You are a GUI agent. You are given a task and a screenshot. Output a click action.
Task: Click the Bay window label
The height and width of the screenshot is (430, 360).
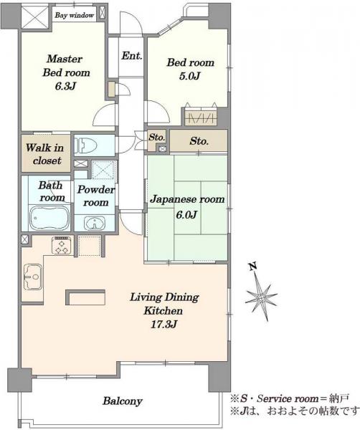74,15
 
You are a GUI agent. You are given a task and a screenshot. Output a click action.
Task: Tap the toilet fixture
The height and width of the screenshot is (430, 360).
86,145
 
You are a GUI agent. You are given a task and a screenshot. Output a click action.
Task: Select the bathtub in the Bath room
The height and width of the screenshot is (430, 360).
49,218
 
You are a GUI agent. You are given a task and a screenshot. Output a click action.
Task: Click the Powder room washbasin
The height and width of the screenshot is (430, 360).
95,223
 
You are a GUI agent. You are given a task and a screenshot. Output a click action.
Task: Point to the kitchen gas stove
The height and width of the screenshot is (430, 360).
62,245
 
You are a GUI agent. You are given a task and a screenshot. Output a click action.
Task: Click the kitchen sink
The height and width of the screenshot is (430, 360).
33,277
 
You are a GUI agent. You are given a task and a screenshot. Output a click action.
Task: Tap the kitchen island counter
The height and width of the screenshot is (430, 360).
85,297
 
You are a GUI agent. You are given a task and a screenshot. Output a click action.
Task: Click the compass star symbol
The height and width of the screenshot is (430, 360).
260,297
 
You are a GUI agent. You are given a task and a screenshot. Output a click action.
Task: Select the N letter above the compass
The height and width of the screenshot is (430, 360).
252,267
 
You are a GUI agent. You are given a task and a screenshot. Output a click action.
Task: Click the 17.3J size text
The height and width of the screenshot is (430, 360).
164,325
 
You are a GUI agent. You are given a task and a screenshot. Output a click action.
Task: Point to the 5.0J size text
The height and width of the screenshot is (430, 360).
189,76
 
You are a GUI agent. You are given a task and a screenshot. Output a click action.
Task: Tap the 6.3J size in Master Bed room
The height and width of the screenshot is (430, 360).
65,86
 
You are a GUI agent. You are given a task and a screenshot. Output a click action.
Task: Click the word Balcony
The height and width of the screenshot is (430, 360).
123,401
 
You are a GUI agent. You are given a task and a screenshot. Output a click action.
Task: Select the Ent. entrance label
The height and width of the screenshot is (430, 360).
132,56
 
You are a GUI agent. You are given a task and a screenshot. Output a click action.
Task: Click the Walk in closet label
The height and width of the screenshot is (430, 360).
45,154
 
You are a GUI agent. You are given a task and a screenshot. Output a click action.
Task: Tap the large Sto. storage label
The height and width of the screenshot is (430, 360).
199,141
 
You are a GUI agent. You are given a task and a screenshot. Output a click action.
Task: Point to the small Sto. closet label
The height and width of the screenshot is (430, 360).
156,137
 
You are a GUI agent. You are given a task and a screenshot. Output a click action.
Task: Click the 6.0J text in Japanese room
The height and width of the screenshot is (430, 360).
186,214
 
